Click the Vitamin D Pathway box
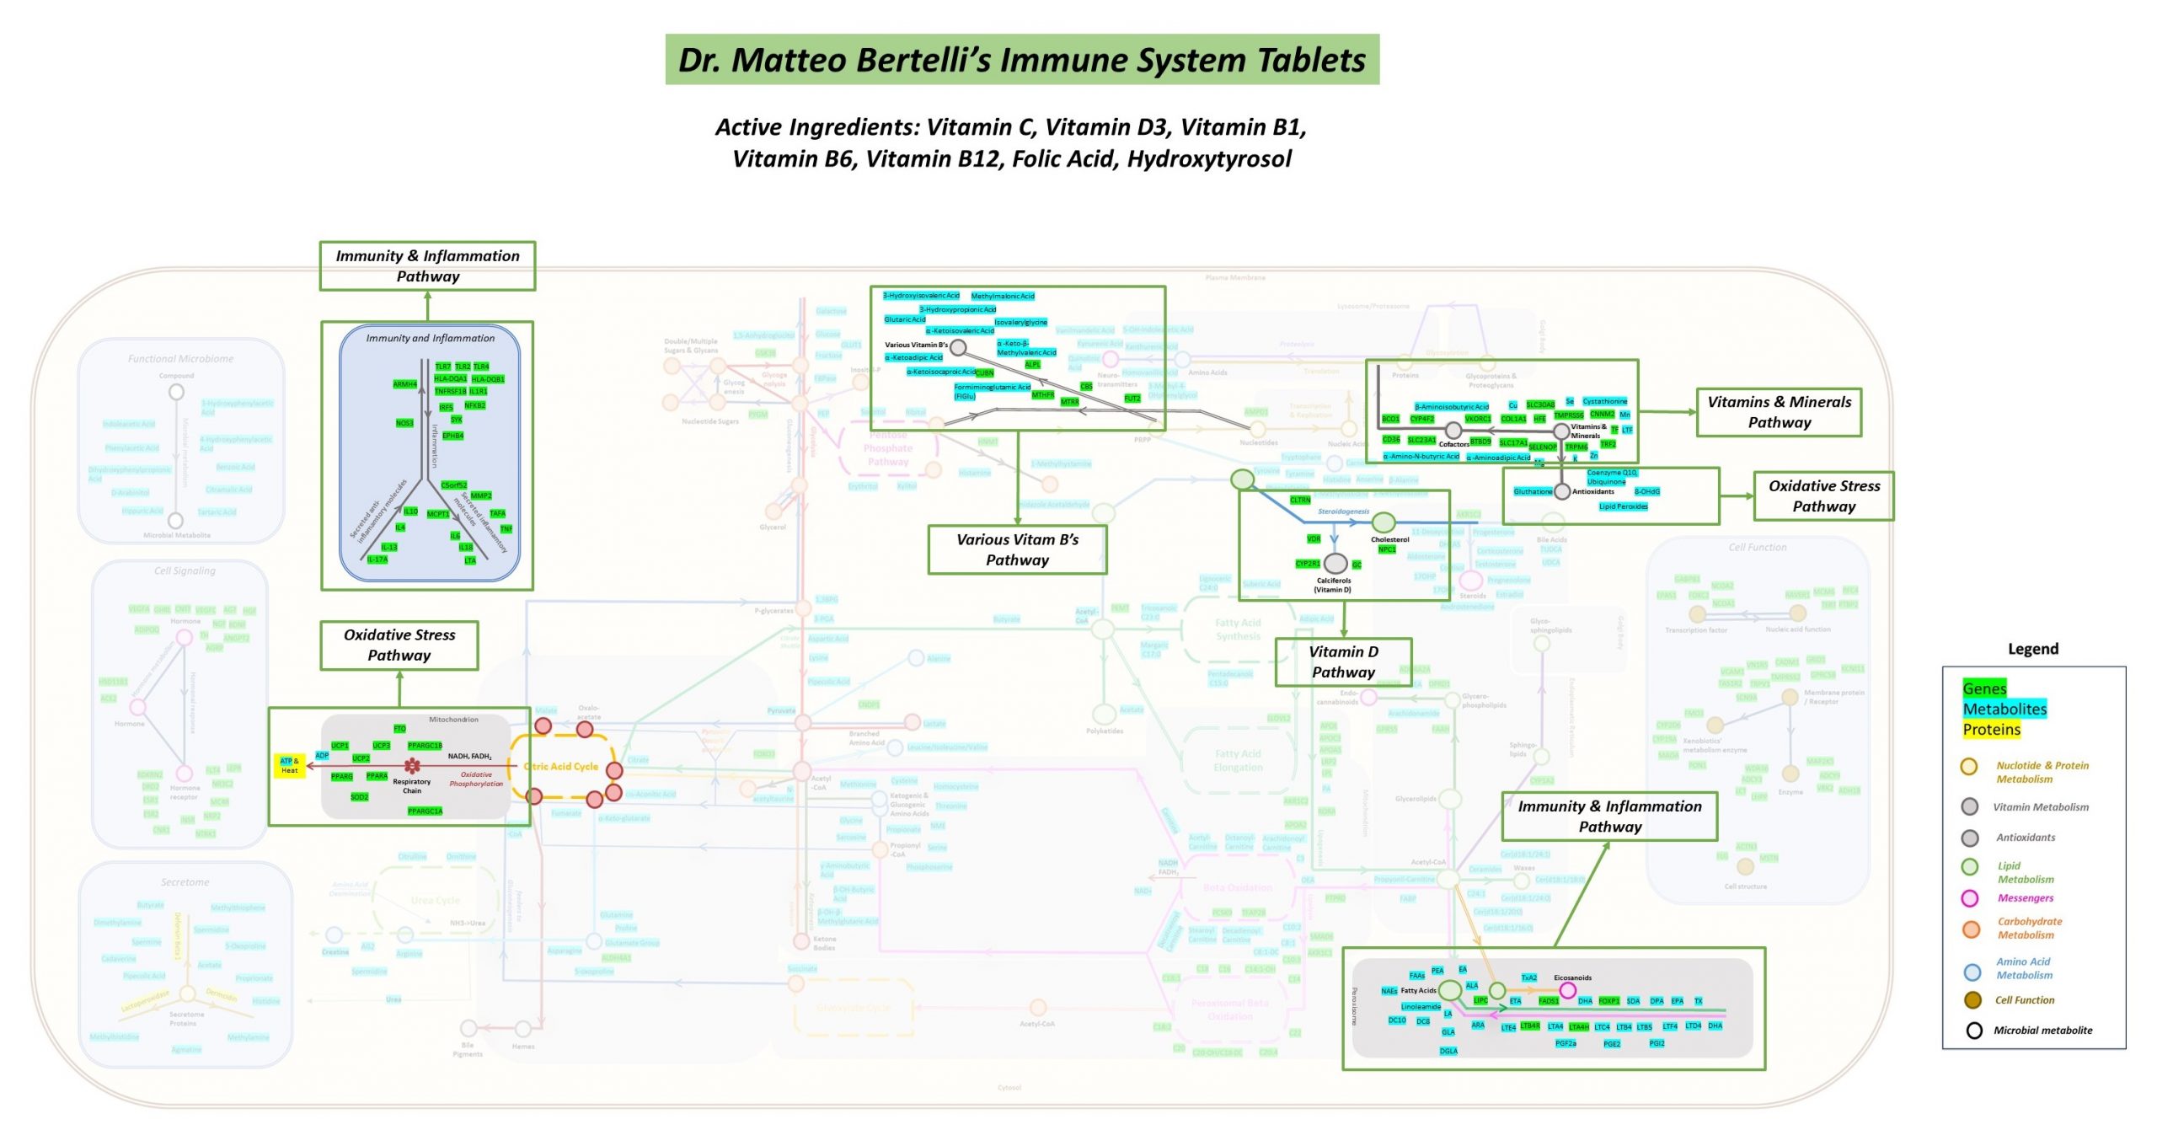pos(1343,661)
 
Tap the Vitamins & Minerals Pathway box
pos(1779,412)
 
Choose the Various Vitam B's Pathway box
pos(1017,549)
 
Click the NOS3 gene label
pos(404,423)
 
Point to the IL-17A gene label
pos(377,560)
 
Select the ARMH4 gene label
pos(404,384)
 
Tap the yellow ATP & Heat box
pos(290,765)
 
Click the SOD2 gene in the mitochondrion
pos(359,797)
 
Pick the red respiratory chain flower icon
pos(412,766)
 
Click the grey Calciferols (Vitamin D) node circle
pos(1335,563)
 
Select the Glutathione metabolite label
pos(1533,491)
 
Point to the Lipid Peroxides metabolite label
pos(1623,506)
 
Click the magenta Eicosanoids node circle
pos(1567,990)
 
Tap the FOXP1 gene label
pos(1609,1001)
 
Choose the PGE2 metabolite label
pos(1612,1044)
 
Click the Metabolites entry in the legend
pos(2004,709)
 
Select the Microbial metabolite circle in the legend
pos(1974,1031)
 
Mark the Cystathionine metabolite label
pos(1605,401)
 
